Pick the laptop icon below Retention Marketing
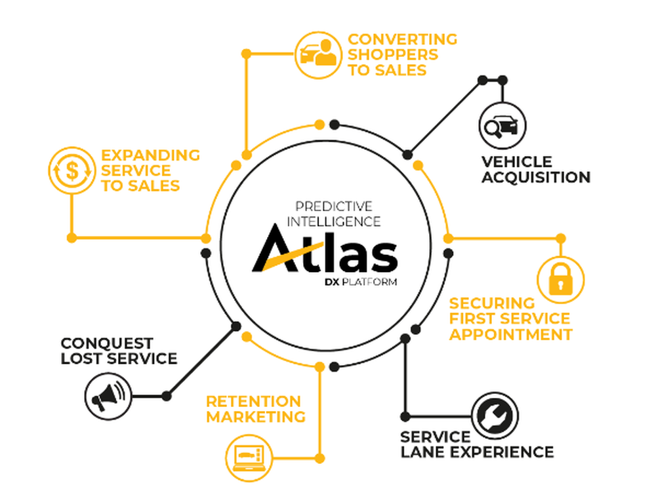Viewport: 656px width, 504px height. (x=248, y=457)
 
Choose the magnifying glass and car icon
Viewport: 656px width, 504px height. (x=502, y=125)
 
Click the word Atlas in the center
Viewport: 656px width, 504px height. (x=325, y=251)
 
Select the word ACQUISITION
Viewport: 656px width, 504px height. (x=536, y=177)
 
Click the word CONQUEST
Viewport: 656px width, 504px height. (x=107, y=343)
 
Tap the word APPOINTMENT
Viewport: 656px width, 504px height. (x=510, y=334)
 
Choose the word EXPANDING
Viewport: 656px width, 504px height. (x=150, y=155)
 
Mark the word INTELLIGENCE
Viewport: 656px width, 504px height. (x=334, y=222)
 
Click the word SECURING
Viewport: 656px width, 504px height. (x=492, y=303)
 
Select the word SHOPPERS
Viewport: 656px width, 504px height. (x=392, y=55)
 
